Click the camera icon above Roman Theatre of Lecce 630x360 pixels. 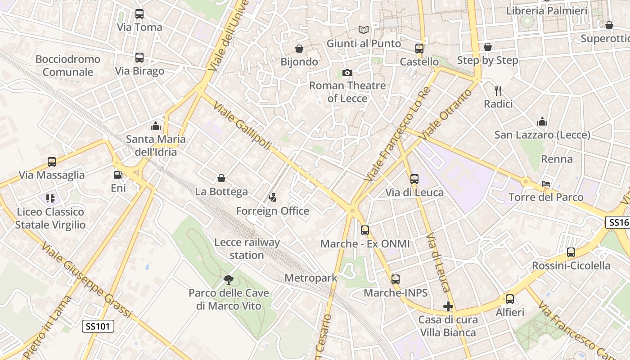[x=347, y=72]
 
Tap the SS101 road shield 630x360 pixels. [x=98, y=326]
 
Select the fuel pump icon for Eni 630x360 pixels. [x=118, y=175]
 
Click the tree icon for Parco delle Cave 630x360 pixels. [x=229, y=280]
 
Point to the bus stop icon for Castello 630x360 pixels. [x=419, y=49]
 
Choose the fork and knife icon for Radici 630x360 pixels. [x=498, y=91]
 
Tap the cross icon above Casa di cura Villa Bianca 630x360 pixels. [x=448, y=307]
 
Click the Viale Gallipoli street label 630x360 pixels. [x=243, y=126]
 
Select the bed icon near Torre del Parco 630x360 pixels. [x=545, y=184]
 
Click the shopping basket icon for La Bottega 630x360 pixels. [x=221, y=179]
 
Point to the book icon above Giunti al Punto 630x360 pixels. [x=364, y=30]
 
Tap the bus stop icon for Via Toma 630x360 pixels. [x=139, y=14]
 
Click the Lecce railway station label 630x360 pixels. [x=247, y=248]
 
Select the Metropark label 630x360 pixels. [x=311, y=278]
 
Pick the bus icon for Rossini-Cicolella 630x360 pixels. [x=571, y=252]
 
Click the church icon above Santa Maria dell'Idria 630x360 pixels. [x=156, y=126]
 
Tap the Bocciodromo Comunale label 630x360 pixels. [x=68, y=66]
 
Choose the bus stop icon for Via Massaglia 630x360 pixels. [x=52, y=162]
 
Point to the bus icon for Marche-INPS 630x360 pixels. [x=396, y=279]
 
